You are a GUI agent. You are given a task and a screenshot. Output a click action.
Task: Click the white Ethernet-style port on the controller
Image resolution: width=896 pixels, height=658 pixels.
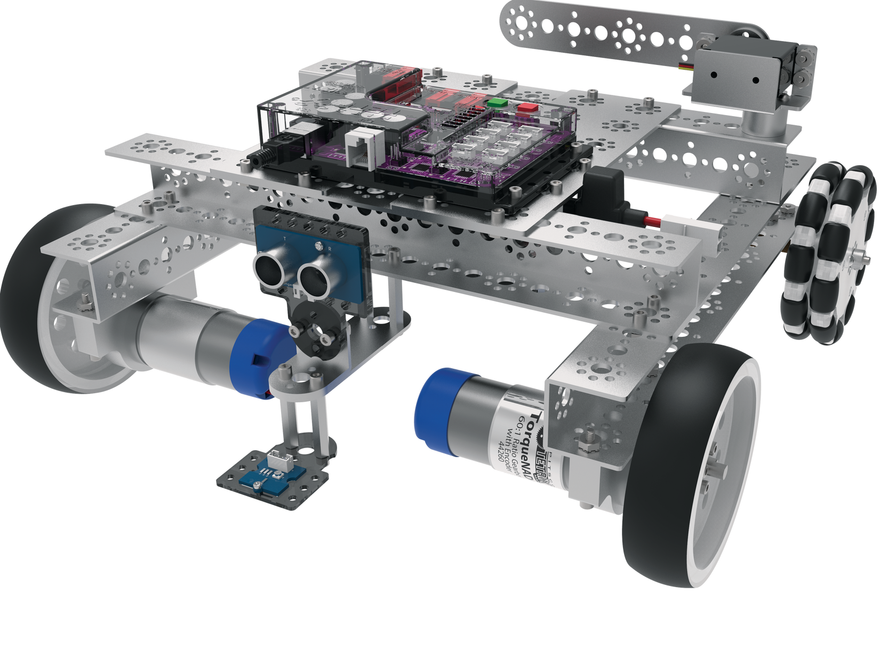pyautogui.click(x=362, y=147)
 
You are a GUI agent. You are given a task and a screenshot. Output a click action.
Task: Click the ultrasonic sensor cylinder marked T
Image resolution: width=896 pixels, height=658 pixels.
pyautogui.click(x=270, y=264)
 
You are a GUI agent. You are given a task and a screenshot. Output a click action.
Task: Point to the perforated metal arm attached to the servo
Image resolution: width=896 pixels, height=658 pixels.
pyautogui.click(x=587, y=32)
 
